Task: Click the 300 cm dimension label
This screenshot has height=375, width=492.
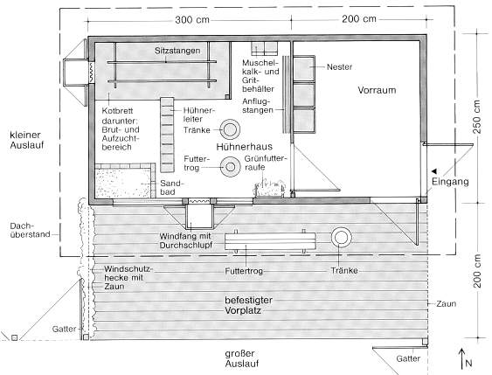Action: click(x=192, y=20)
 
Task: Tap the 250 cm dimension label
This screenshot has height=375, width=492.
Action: click(x=477, y=116)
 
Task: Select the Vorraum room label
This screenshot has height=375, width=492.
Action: click(x=377, y=90)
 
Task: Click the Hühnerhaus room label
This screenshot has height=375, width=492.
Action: click(x=244, y=147)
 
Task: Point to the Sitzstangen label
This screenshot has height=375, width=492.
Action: click(x=177, y=51)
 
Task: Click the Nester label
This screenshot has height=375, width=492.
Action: click(x=339, y=66)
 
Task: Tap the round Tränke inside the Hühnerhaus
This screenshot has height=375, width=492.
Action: click(x=230, y=129)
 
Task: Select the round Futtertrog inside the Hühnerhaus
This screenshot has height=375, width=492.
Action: click(x=231, y=167)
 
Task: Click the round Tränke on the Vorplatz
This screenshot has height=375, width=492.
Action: click(x=342, y=237)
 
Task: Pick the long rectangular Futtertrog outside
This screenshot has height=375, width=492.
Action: click(x=270, y=241)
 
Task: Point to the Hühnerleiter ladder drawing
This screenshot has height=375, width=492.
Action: click(x=167, y=135)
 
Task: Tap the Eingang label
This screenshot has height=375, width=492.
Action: click(x=450, y=182)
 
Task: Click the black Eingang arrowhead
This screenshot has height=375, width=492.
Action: click(x=434, y=171)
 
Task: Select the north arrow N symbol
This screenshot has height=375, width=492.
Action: click(x=464, y=359)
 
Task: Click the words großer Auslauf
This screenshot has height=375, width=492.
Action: click(x=242, y=358)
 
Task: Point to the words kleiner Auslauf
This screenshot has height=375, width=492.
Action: click(x=27, y=140)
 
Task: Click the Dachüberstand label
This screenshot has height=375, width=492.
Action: click(x=30, y=230)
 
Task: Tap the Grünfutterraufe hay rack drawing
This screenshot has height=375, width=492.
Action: click(x=270, y=188)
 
